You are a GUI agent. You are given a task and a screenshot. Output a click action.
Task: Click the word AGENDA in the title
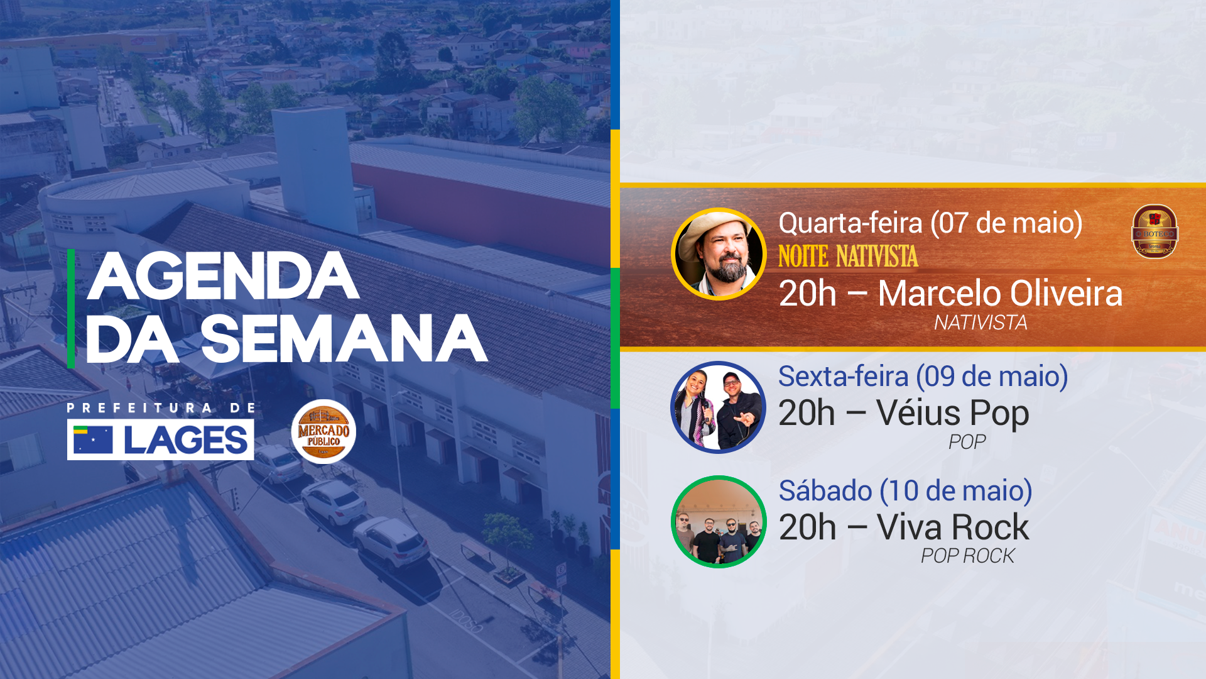223,277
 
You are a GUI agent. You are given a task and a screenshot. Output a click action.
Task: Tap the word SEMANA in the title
344,339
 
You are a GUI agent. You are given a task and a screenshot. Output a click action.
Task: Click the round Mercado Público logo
323,432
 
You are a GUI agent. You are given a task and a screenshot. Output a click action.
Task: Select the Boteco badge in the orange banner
1154,232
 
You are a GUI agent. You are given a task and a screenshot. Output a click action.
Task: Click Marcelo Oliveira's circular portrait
719,255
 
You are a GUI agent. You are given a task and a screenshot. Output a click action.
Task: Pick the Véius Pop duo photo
719,407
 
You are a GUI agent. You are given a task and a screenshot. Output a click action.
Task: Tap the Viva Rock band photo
719,522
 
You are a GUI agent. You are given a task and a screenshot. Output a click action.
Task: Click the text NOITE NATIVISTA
848,257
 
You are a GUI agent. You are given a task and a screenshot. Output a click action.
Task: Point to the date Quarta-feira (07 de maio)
930,223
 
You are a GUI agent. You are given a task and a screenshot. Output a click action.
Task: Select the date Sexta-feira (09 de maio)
923,377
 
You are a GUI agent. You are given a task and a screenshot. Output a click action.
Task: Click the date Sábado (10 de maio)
905,491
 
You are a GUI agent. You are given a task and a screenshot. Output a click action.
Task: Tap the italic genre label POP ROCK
967,556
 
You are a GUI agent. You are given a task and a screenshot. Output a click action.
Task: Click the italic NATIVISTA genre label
980,323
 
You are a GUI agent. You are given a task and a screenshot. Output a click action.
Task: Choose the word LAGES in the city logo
186,440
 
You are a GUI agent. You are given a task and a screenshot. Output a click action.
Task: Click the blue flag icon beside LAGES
93,439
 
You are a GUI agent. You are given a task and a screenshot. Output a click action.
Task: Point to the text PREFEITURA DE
161,408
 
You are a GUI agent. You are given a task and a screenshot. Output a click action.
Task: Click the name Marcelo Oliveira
1000,294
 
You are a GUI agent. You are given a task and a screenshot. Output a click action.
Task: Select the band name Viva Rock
953,527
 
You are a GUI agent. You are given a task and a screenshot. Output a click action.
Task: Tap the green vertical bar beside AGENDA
71,308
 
